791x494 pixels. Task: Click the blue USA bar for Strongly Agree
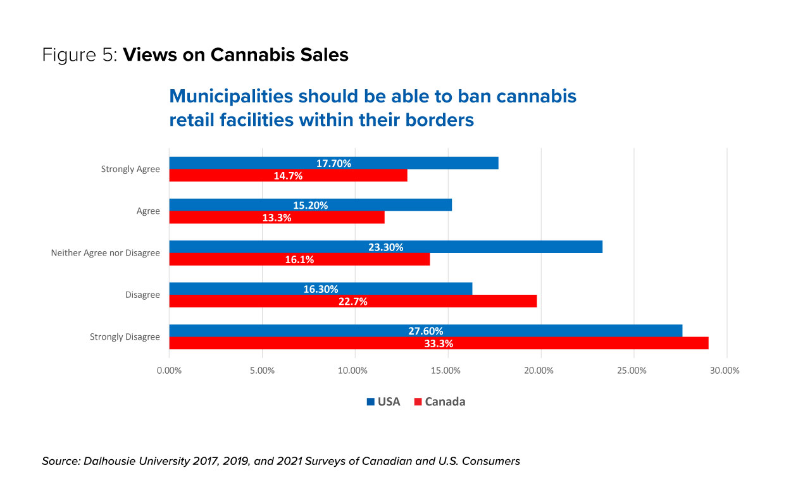333,163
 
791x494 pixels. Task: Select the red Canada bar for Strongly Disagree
439,343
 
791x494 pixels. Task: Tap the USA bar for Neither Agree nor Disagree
385,247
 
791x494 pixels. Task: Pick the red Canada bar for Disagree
352,301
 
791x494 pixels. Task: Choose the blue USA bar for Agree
310,205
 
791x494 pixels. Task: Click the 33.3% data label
438,343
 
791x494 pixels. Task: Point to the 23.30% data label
385,247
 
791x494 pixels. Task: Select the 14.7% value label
288,176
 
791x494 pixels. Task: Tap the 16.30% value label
320,289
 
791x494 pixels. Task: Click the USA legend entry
383,402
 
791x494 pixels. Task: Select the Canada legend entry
439,402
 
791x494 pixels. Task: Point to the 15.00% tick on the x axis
447,370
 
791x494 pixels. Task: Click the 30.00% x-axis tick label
725,370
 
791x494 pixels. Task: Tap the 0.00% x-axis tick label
169,370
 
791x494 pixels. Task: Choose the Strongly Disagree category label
125,337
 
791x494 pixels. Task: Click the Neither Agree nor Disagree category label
105,253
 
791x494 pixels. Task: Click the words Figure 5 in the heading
80,55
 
